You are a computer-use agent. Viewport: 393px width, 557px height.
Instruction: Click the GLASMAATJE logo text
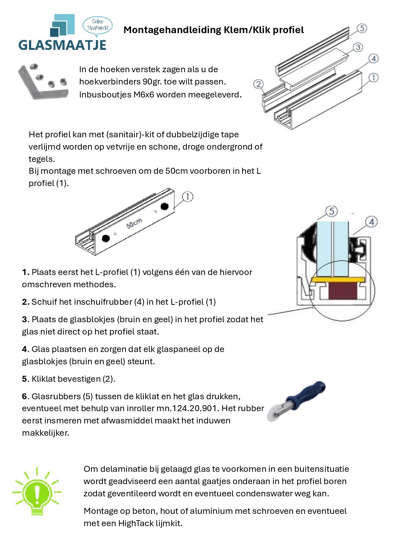(x=62, y=45)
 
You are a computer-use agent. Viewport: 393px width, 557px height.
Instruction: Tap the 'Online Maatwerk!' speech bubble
(x=97, y=25)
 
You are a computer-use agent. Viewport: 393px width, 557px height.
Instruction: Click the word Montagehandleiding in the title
(x=172, y=30)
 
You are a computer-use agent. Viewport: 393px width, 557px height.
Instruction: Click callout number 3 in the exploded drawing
(x=357, y=47)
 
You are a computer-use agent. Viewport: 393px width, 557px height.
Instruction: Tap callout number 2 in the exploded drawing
(x=258, y=84)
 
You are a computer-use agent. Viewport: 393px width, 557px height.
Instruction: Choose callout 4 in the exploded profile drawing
(x=373, y=58)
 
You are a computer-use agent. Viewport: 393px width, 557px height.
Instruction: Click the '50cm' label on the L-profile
(x=134, y=224)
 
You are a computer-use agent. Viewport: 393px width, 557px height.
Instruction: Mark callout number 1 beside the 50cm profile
(x=188, y=196)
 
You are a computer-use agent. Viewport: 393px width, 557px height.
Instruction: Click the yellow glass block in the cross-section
(x=338, y=279)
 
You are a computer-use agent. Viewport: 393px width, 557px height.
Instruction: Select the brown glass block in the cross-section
(x=342, y=291)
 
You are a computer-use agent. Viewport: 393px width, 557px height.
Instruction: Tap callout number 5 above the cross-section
(x=331, y=211)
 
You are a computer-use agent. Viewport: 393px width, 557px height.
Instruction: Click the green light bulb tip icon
(x=37, y=492)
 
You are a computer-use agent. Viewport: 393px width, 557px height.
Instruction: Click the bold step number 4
(x=25, y=349)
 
